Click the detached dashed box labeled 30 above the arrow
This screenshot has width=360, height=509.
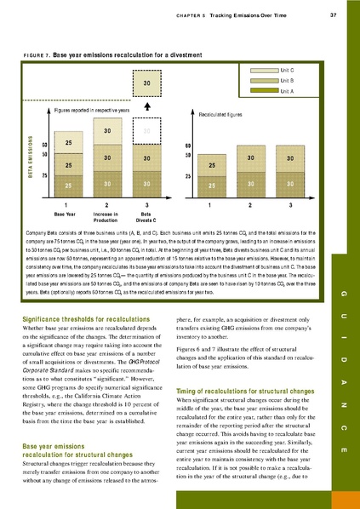[146, 83]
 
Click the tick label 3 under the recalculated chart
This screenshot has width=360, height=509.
[290, 205]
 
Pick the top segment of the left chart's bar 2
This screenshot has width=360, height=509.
[107, 131]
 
